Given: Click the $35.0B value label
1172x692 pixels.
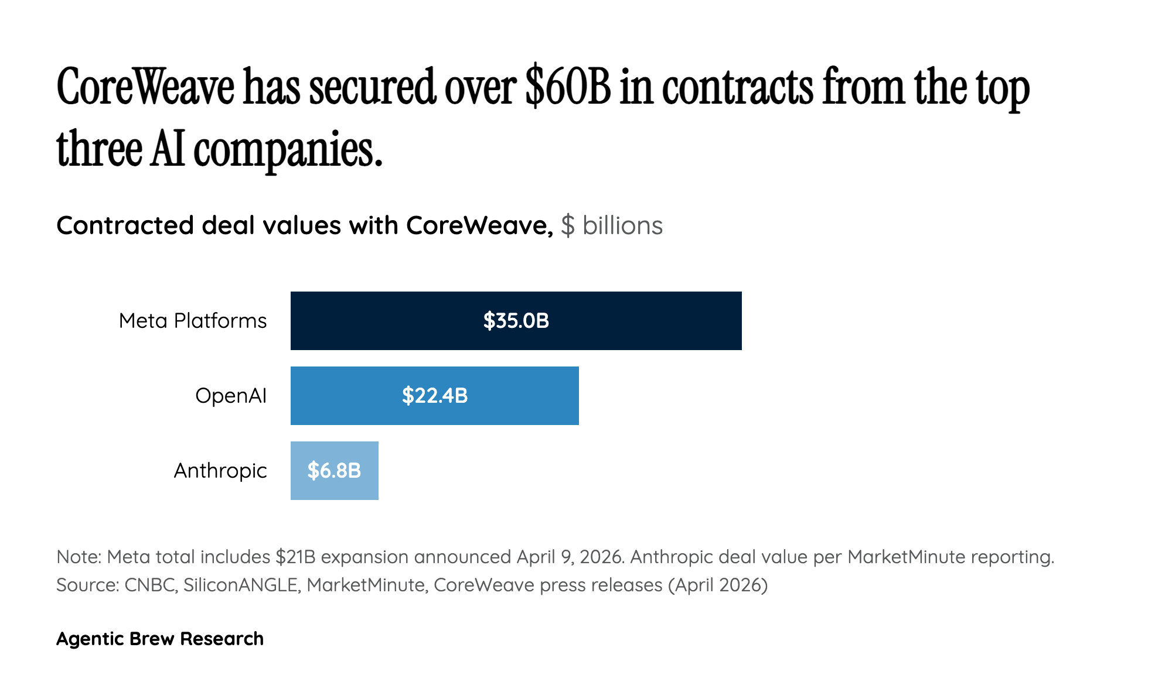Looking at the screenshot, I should coord(516,321).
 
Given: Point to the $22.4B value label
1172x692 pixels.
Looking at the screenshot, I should coord(435,396).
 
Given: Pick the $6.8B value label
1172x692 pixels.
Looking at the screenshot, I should coord(334,471).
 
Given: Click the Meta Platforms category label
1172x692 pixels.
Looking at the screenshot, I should coord(192,321).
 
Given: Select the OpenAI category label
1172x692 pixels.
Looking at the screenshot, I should coord(231,396).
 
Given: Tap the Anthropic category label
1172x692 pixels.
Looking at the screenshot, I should coord(220,471).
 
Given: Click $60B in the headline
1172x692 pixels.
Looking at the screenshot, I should coord(568,88).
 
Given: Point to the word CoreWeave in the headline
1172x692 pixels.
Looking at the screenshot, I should coord(145,88).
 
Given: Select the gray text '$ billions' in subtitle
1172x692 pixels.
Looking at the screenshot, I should coord(611,225).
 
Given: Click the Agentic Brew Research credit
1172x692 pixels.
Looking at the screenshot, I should coord(160,639).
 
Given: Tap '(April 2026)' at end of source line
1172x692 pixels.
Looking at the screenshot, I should coord(718,585).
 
